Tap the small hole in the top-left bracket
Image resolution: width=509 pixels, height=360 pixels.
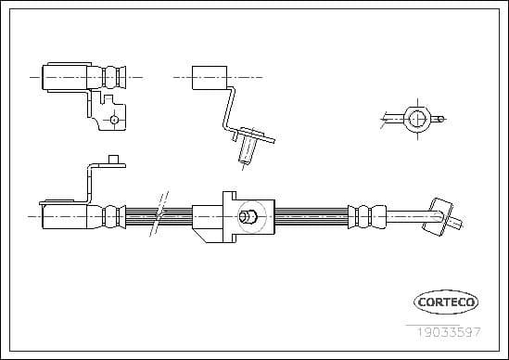pyautogui.click(x=113, y=120)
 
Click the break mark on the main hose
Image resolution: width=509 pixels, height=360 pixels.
pyautogui.click(x=159, y=216)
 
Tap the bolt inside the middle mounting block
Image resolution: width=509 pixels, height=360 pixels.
pyautogui.click(x=247, y=217)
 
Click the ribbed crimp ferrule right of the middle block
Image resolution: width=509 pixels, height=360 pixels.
pyautogui.click(x=368, y=217)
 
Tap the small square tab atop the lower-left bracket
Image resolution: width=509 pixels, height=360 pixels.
pyautogui.click(x=116, y=161)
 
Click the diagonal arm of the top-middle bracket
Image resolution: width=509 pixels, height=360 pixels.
pyautogui.click(x=226, y=110)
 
